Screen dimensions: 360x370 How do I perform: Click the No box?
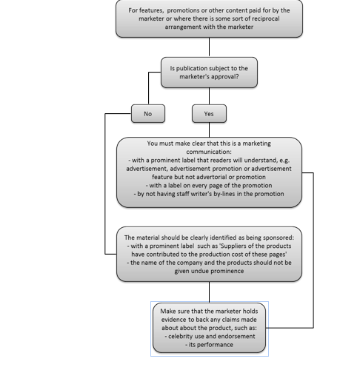(x=148, y=113)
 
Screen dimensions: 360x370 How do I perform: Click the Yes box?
(x=209, y=113)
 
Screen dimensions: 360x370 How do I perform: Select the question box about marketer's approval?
(x=209, y=73)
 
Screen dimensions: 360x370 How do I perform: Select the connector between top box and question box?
(x=210, y=47)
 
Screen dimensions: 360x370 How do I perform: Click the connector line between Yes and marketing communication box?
(x=210, y=130)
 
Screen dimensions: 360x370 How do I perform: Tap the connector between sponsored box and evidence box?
(x=210, y=292)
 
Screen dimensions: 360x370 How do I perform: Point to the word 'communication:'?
(x=209, y=152)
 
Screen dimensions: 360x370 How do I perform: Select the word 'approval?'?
(x=227, y=77)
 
